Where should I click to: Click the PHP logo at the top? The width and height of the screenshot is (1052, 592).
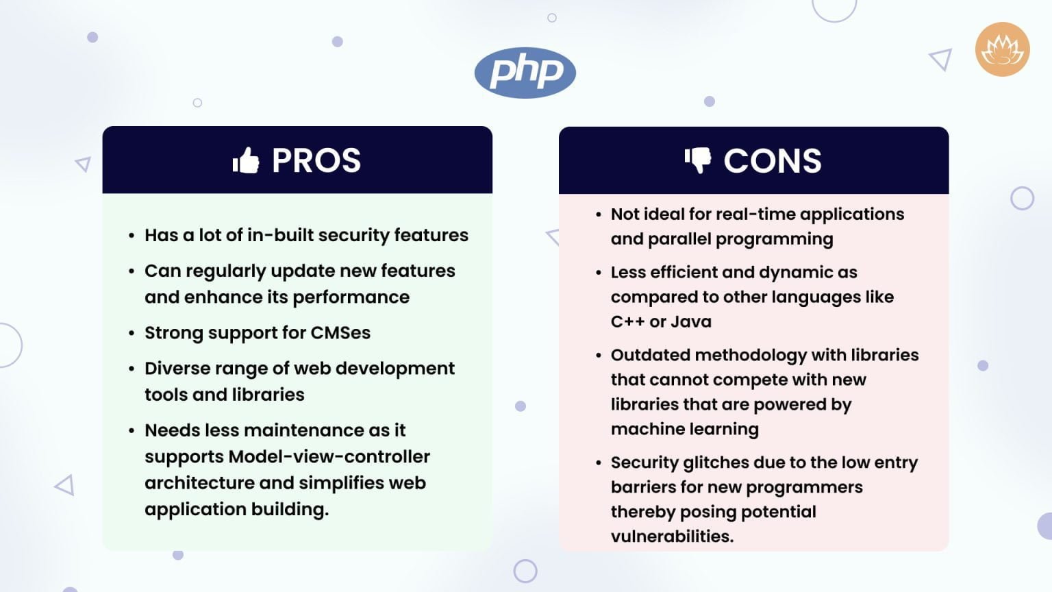coord(525,73)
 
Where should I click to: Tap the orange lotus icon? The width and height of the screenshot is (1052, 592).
coord(1003,49)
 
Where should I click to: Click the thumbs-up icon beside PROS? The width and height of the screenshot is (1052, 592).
coord(246,161)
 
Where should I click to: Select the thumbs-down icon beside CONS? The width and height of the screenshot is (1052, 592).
coord(698,160)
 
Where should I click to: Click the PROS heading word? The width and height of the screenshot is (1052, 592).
coord(316,161)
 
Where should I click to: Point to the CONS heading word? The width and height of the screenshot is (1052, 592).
coord(773,162)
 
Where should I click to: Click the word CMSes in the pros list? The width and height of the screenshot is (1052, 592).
coord(340,333)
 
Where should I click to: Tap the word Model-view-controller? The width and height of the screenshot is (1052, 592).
coord(329,456)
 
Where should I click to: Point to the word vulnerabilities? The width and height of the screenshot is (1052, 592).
coord(671,536)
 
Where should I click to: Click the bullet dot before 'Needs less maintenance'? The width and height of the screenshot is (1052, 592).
coord(131,431)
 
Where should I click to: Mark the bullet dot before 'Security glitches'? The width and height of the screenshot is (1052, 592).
coord(598,463)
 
